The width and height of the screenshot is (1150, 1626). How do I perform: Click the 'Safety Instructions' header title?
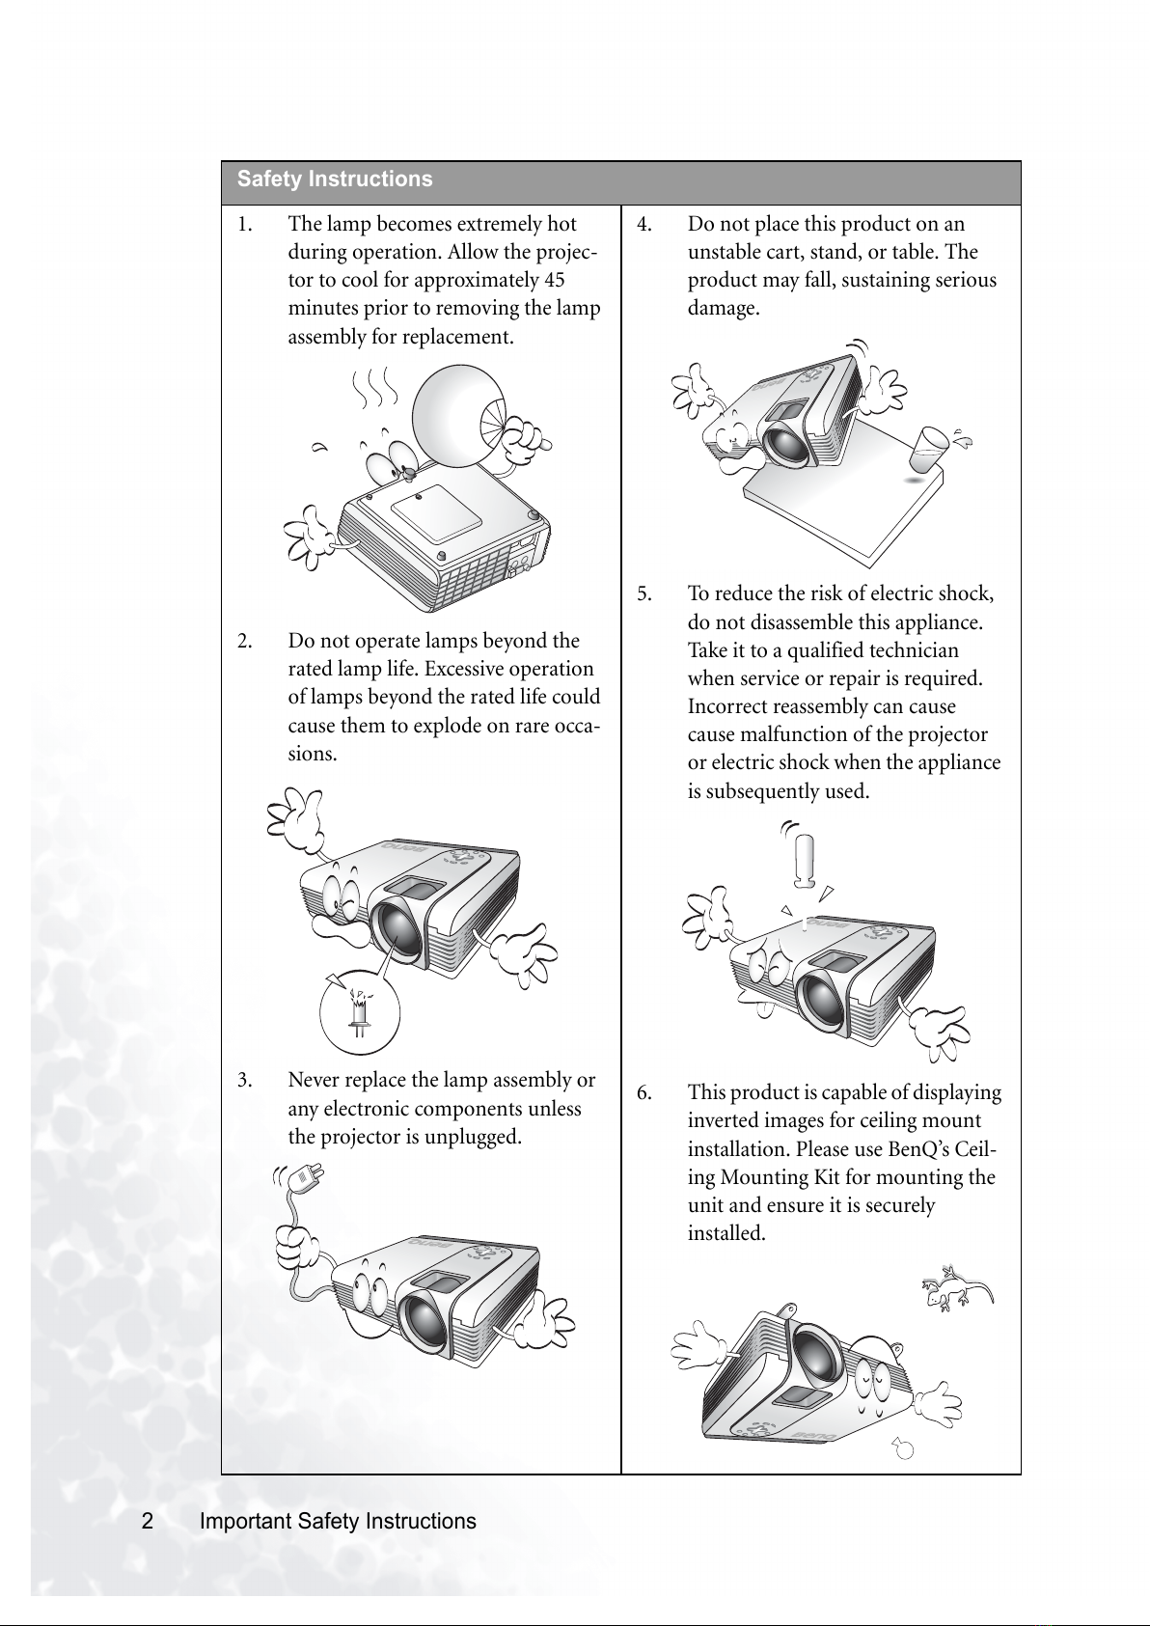coord(335,179)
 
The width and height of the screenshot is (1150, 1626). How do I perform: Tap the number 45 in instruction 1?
coord(555,280)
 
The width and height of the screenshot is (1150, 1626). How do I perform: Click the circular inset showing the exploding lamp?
coord(360,1011)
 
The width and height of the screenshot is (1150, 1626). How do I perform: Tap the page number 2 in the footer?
coord(148,1521)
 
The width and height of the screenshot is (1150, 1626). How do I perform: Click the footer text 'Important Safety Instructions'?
coord(338,1521)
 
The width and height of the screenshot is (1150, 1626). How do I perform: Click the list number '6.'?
coord(645,1093)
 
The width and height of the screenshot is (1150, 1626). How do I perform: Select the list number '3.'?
coord(245,1081)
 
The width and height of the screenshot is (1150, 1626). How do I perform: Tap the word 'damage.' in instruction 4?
coord(724,309)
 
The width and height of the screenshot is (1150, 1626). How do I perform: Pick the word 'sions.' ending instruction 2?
coord(313,755)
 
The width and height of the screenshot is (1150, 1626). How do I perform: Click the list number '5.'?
coord(645,593)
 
